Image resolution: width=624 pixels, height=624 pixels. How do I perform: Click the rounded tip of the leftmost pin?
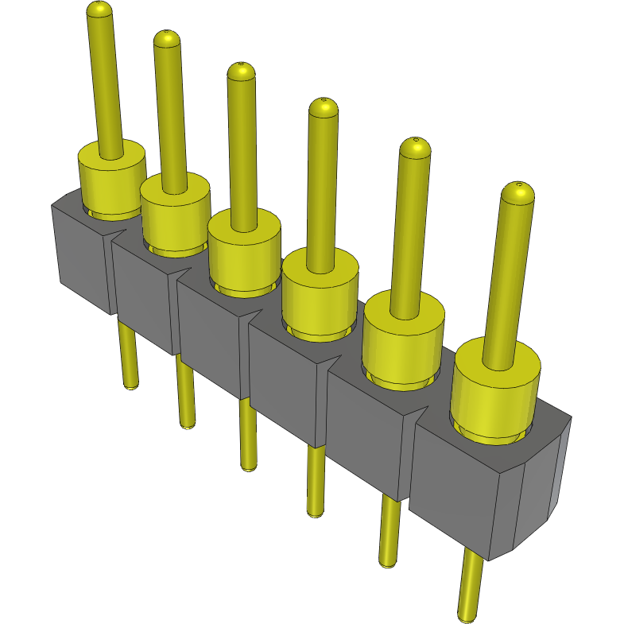point(99,10)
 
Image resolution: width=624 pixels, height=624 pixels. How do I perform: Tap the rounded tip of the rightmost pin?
point(518,191)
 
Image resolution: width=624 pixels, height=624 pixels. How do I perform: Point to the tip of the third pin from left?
point(241,71)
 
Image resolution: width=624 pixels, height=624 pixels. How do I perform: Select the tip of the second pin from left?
point(167,39)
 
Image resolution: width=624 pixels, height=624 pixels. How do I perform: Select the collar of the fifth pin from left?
point(402,338)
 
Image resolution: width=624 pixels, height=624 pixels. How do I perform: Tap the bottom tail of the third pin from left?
point(249,465)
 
